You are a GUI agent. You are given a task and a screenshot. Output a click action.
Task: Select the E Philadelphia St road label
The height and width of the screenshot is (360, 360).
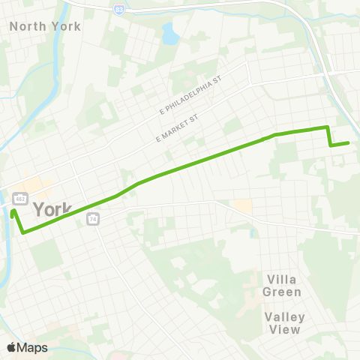[x=192, y=97]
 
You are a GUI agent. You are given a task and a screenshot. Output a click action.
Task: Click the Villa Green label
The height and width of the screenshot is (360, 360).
[x=283, y=286]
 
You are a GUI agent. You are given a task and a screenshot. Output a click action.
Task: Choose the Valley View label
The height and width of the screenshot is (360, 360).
[x=283, y=322]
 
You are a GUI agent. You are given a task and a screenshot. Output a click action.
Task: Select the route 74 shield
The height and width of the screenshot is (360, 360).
[x=93, y=218]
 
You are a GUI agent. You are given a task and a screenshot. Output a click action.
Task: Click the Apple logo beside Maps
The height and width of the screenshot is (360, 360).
[x=12, y=347]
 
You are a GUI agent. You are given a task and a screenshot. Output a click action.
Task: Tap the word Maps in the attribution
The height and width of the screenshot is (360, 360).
[x=32, y=347]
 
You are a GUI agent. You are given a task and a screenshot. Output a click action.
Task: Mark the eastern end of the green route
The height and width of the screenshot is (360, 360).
[x=348, y=142]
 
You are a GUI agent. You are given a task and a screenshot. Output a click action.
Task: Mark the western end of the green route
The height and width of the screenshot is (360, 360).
[x=13, y=211]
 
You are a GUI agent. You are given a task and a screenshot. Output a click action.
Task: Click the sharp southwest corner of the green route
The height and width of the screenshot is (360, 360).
[x=23, y=232]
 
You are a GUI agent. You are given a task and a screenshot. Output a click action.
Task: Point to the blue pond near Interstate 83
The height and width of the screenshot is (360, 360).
[x=171, y=34]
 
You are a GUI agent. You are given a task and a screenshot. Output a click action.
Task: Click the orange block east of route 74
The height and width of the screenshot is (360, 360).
[x=242, y=205]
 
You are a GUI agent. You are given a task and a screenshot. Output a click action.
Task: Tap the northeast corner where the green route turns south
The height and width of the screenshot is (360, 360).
[x=327, y=127]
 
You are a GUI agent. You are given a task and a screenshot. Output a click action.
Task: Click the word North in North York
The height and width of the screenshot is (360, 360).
[x=24, y=26]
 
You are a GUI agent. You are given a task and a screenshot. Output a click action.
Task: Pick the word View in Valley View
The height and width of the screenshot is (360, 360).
[x=289, y=329]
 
